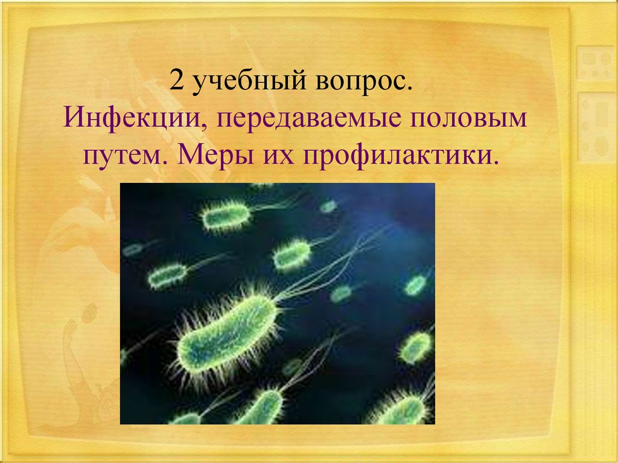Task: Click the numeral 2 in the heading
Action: coord(177,80)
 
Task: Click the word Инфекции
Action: coord(135,118)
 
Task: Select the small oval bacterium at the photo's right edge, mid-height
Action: coord(416,285)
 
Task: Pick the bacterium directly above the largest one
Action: coord(292,255)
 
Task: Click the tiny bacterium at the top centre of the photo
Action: coord(328,206)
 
